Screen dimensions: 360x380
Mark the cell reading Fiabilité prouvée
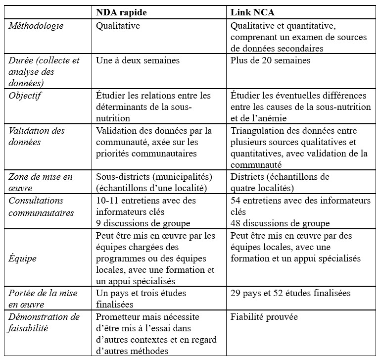(264, 317)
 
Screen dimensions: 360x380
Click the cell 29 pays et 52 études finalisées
(290, 293)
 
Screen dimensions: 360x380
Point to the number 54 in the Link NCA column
(236, 201)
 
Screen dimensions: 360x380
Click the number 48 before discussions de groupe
(236, 223)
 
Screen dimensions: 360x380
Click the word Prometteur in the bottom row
(117, 317)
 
